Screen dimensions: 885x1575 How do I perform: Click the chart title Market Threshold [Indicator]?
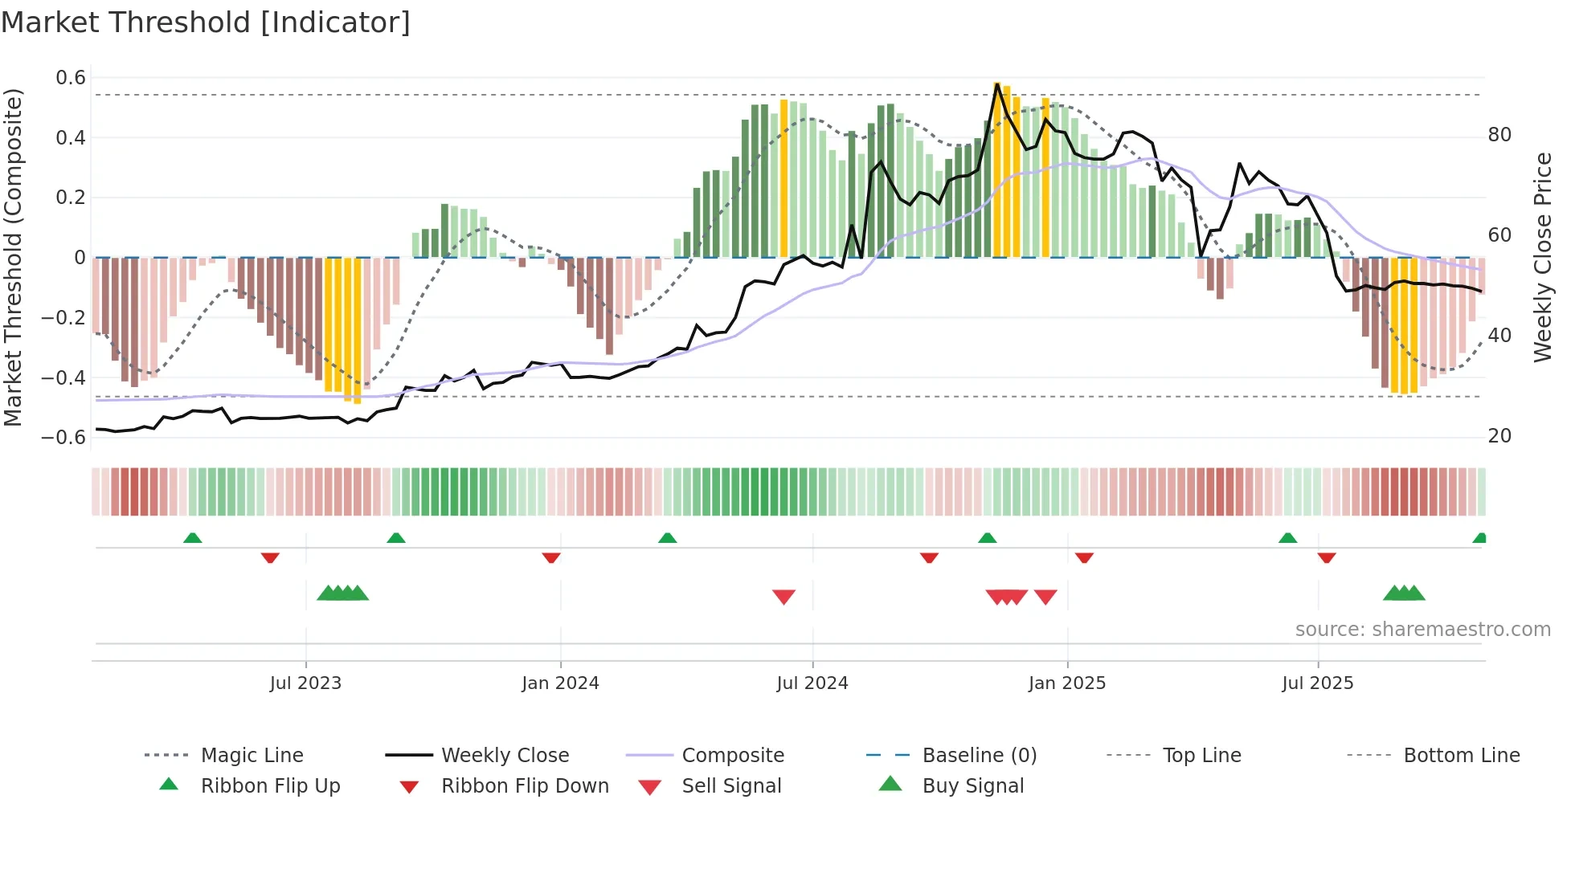[206, 22]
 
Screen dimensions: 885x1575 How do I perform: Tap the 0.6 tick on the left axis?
[71, 78]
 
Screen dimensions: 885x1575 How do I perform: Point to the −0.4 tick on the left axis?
[63, 377]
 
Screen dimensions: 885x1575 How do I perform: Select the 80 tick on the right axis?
[1499, 135]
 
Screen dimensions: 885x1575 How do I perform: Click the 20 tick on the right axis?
[1499, 436]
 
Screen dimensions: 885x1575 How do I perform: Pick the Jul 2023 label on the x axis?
[305, 683]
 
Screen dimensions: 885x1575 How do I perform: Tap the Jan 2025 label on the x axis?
[1067, 683]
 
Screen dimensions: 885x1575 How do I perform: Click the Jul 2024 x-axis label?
[812, 683]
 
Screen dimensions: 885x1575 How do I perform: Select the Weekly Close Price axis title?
[1542, 257]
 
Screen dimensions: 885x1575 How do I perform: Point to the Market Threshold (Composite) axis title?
[13, 257]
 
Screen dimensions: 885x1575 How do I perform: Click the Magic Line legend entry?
[252, 756]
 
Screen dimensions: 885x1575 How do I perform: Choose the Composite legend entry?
[733, 756]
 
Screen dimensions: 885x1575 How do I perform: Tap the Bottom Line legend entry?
[1461, 756]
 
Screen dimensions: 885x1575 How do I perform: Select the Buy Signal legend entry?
[972, 786]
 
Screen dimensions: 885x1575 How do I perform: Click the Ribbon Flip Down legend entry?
[525, 786]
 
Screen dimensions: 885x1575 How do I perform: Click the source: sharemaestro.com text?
[1422, 630]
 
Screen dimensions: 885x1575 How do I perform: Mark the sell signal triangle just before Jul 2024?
[783, 596]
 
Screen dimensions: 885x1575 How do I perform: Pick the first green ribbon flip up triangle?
[192, 538]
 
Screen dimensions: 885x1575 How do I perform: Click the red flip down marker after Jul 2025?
[1327, 557]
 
